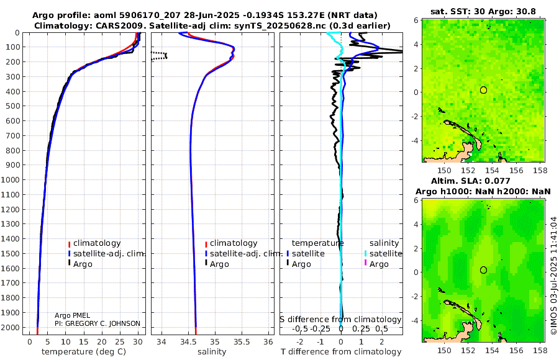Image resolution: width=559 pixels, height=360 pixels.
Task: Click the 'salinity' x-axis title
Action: pyautogui.click(x=212, y=352)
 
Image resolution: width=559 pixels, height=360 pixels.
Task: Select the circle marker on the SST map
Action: pyautogui.click(x=483, y=90)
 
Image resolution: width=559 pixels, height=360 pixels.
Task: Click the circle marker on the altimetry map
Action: pyautogui.click(x=483, y=270)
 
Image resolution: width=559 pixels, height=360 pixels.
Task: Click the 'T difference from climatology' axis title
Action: pyautogui.click(x=341, y=352)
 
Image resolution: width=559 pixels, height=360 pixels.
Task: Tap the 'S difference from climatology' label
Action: pyautogui.click(x=341, y=320)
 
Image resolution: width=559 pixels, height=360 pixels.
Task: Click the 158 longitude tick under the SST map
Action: pyautogui.click(x=540, y=170)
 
